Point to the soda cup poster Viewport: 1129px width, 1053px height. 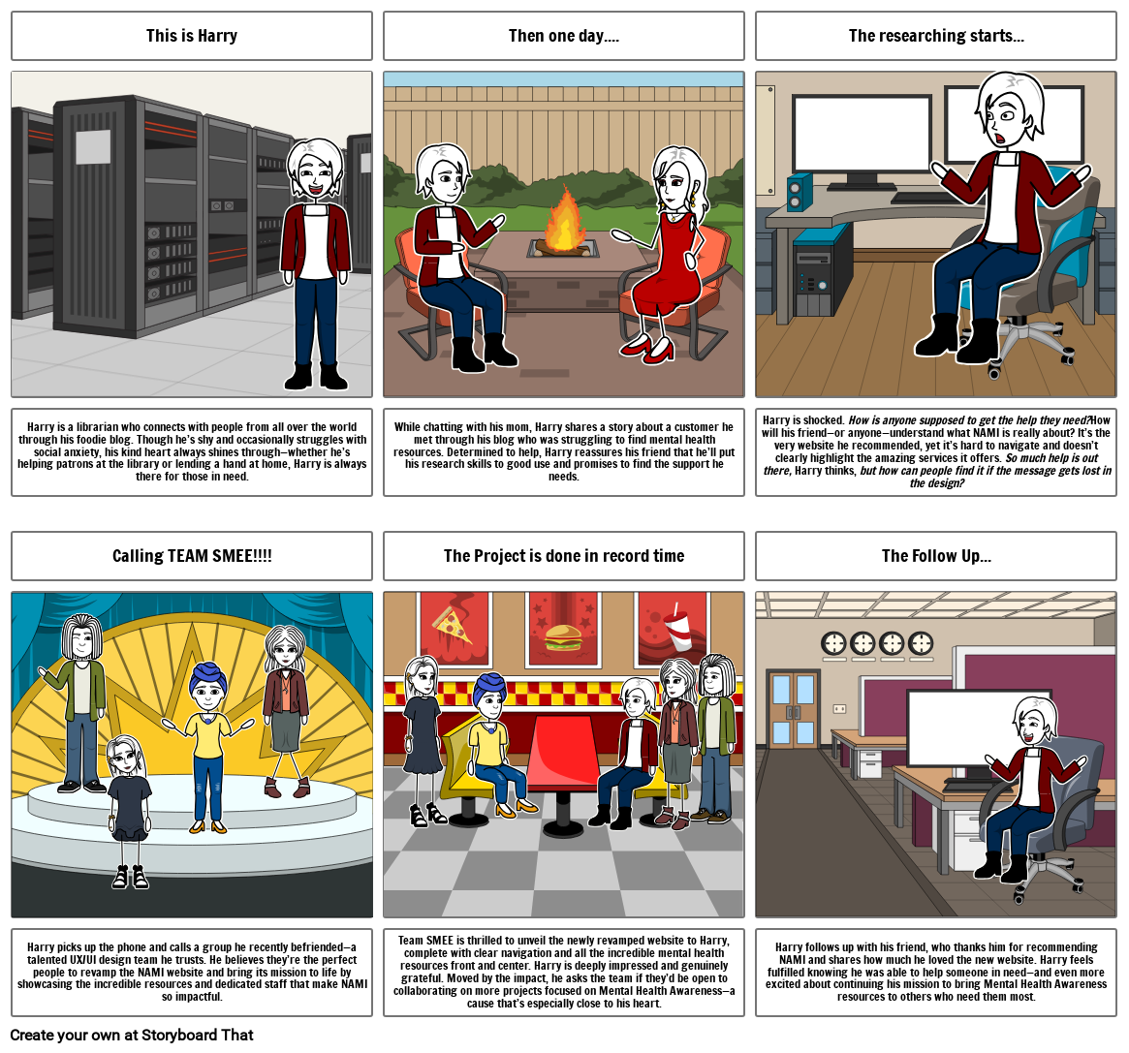click(x=673, y=629)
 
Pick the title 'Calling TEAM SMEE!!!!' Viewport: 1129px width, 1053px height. click(x=192, y=556)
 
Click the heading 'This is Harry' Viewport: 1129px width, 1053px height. click(x=192, y=35)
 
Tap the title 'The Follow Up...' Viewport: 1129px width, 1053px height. click(x=936, y=556)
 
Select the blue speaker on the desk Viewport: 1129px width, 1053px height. click(x=800, y=192)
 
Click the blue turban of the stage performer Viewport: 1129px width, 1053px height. click(x=208, y=679)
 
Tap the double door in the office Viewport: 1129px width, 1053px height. click(x=793, y=710)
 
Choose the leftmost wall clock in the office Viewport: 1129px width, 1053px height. click(x=833, y=643)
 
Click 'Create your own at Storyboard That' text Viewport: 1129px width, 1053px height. click(x=132, y=1035)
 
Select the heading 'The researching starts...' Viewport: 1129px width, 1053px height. click(x=936, y=35)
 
